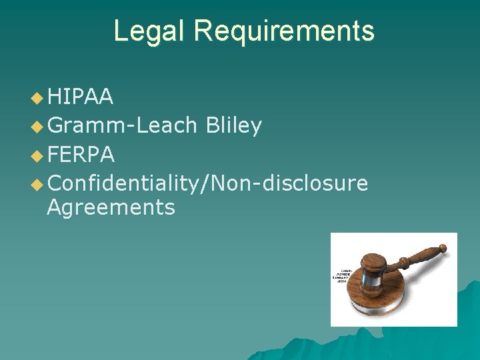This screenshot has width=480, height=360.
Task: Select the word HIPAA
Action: point(80,98)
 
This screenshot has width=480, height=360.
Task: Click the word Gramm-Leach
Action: point(123,125)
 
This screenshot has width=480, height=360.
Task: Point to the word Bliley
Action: point(233,125)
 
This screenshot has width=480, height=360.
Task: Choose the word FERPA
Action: point(81,154)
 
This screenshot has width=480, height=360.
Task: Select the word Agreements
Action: point(111,207)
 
